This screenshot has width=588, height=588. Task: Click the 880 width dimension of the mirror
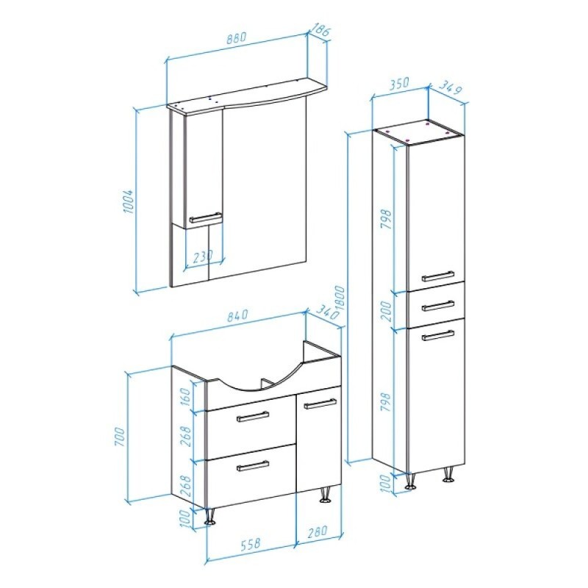(x=237, y=38)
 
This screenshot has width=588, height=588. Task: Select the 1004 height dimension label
(x=128, y=201)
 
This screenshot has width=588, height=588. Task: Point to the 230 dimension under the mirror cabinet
(x=203, y=257)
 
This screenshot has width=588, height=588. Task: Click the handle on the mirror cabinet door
(x=205, y=218)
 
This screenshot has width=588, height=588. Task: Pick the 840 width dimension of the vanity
(x=237, y=315)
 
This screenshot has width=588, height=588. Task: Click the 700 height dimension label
(x=119, y=436)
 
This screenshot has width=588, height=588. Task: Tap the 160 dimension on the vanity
(x=186, y=398)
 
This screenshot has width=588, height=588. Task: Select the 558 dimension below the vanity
(x=249, y=543)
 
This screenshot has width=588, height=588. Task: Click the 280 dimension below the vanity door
(x=317, y=531)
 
